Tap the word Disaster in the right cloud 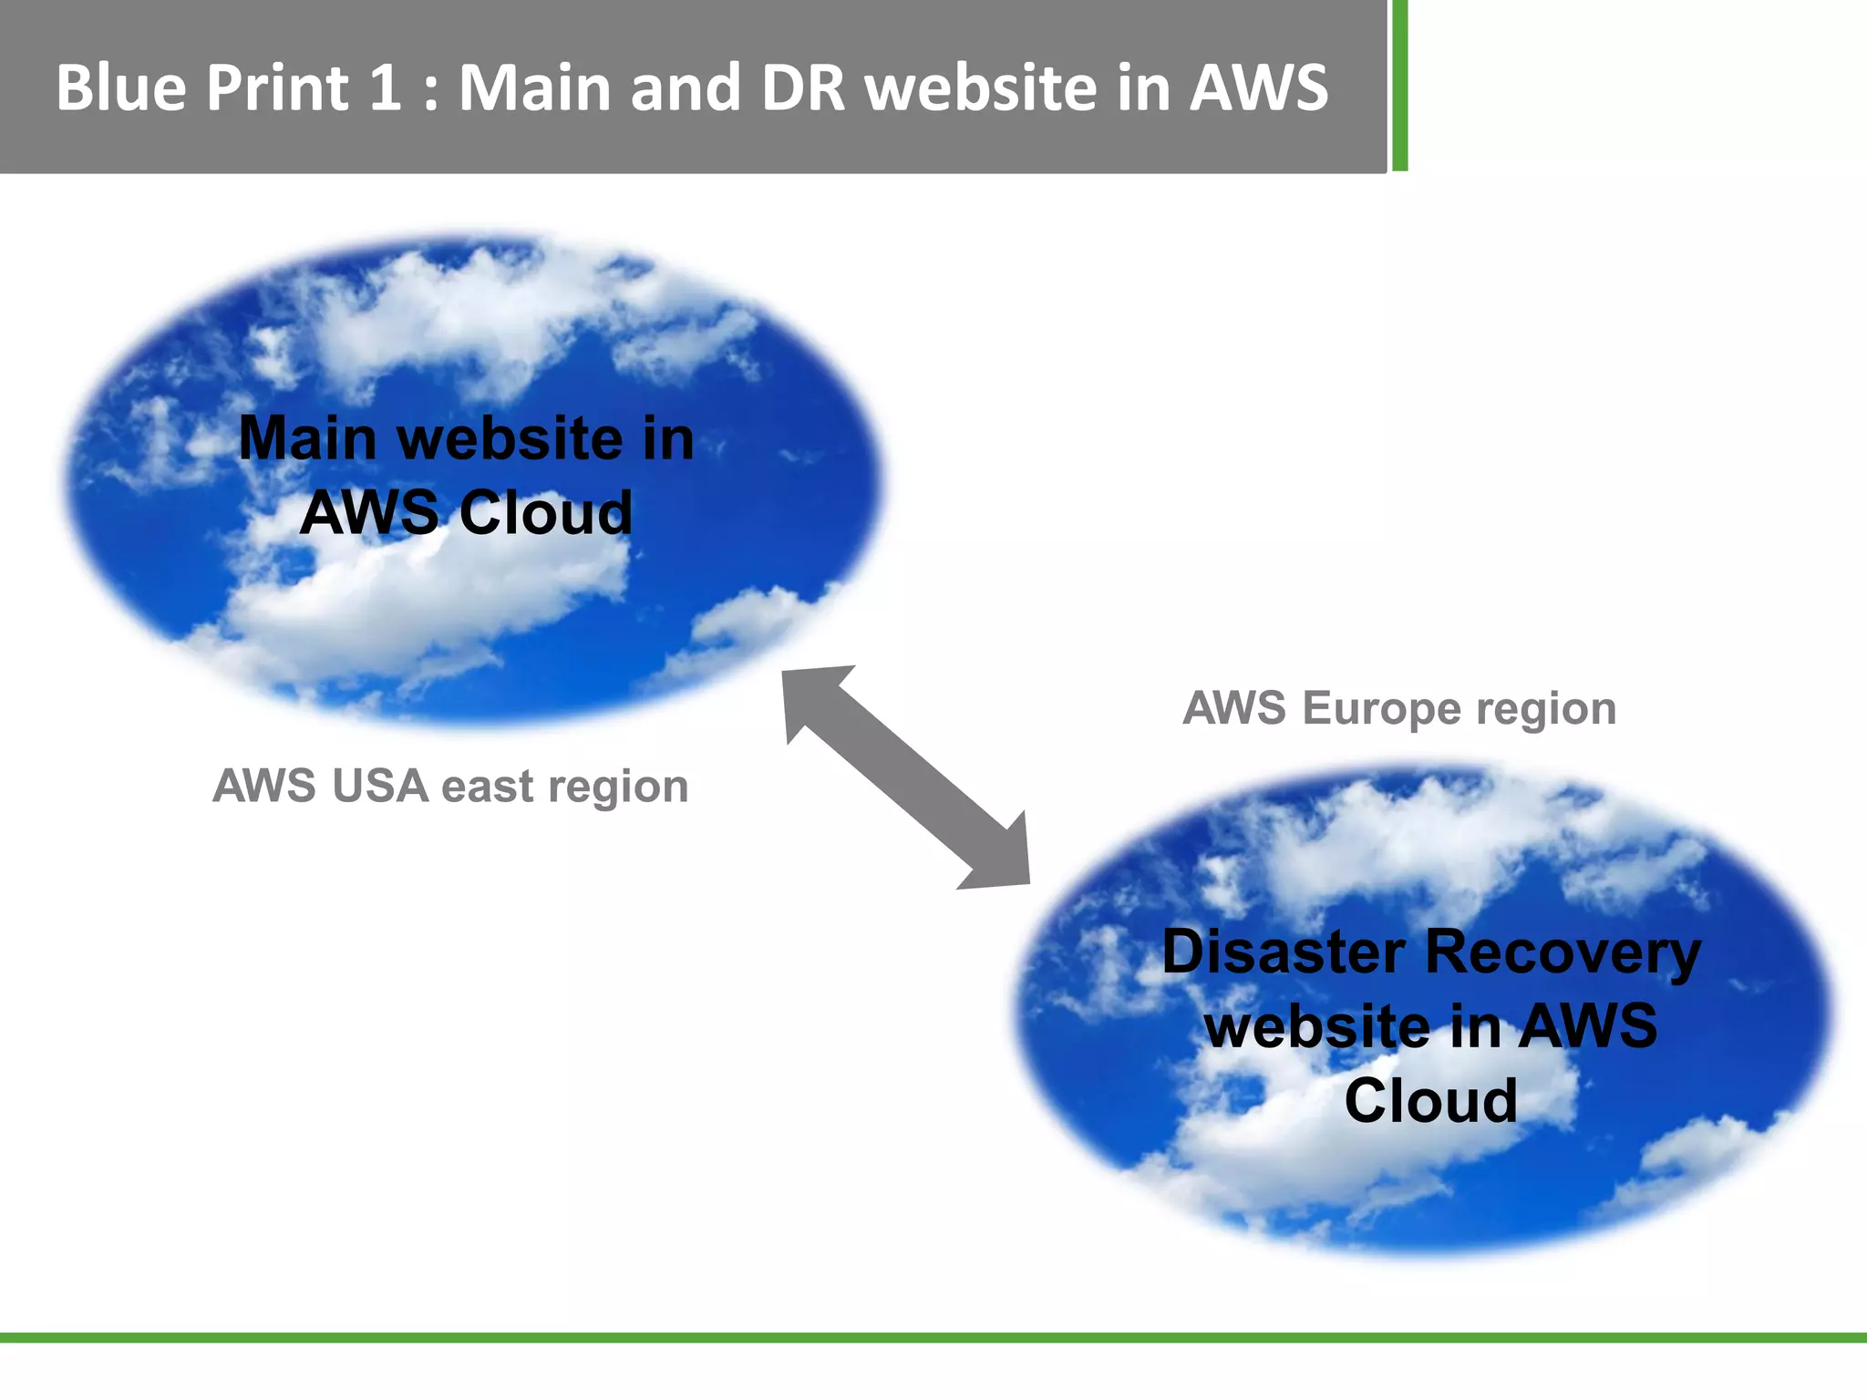tap(1283, 952)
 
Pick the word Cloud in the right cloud tap(1430, 1100)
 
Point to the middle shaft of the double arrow tap(905, 777)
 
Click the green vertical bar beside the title tap(1399, 86)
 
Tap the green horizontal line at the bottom tap(933, 1337)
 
